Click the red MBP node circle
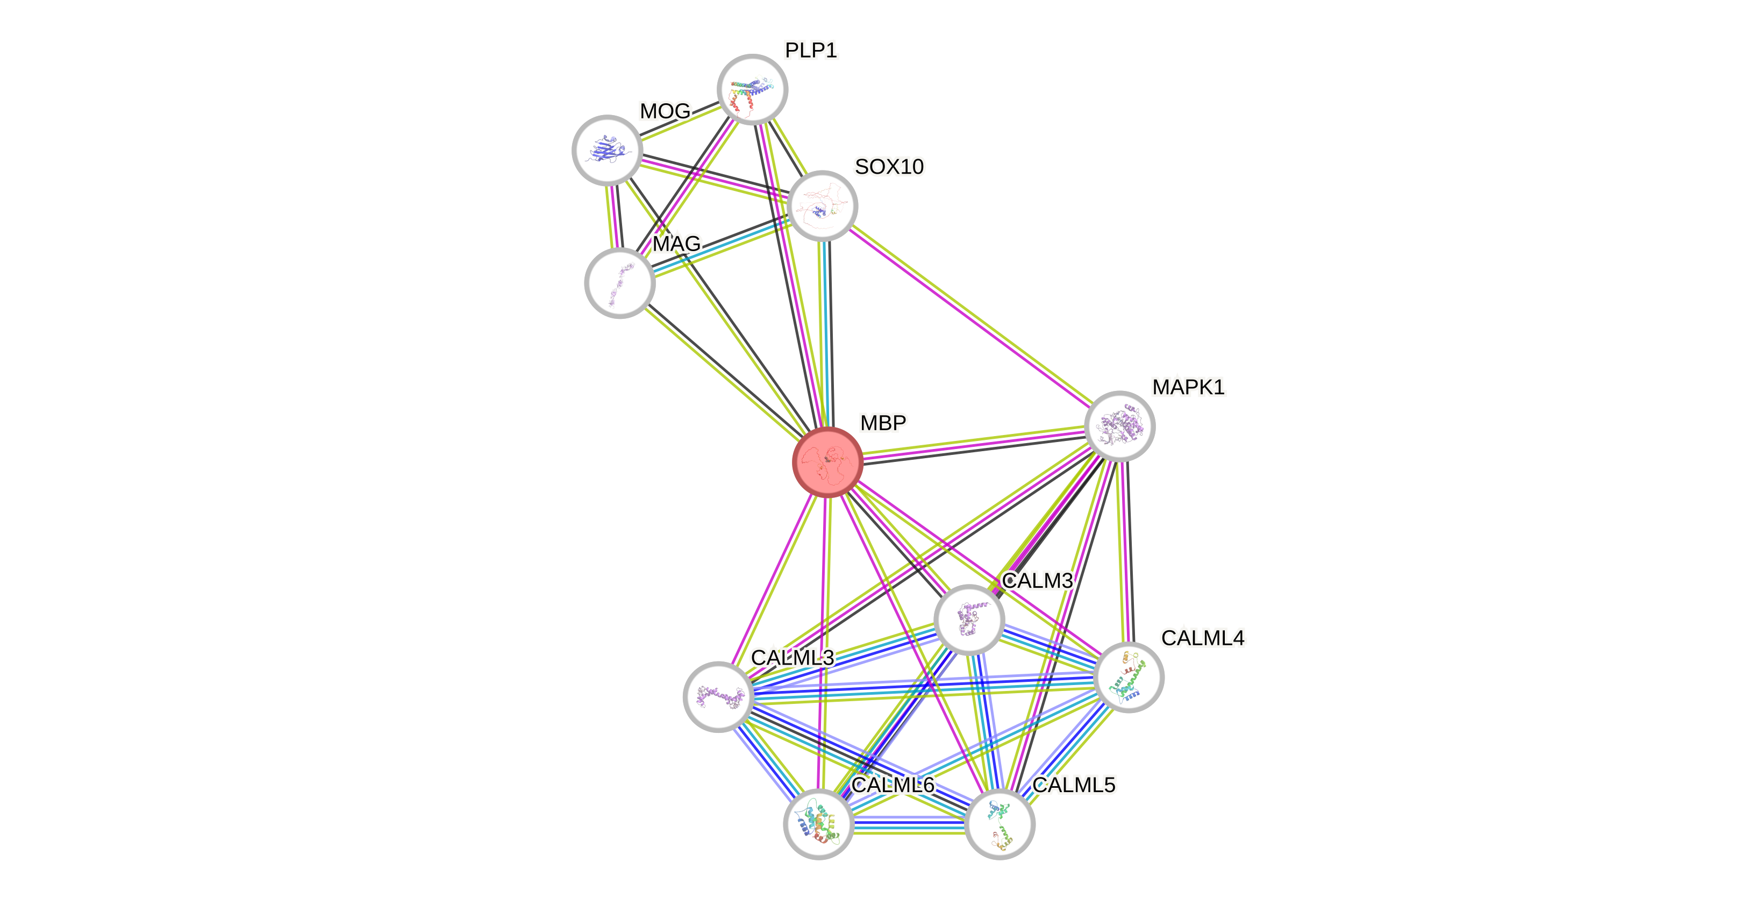827,462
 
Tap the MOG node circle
607,150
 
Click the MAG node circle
620,283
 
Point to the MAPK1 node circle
1119,426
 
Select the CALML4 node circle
1129,678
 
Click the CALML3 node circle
718,696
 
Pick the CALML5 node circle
1000,824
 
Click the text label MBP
883,422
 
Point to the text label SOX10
889,166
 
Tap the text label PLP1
811,49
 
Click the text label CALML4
1202,638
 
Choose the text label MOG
665,111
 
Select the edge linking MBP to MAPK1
974,445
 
